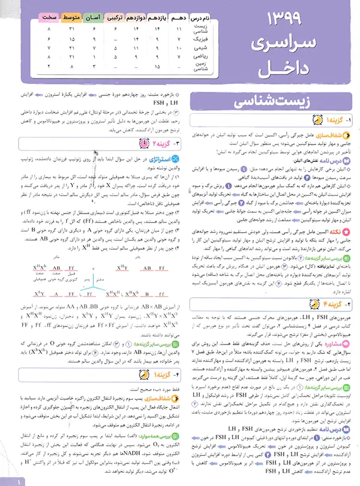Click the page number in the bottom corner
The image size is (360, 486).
tap(19, 479)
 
